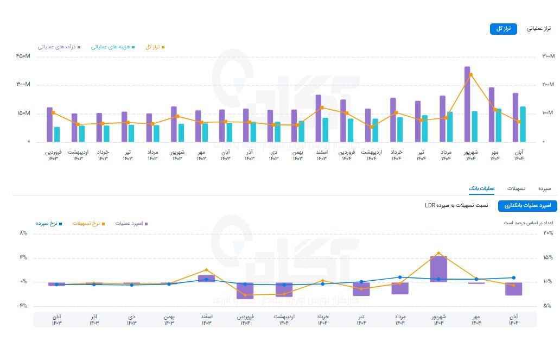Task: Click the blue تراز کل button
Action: pos(503,29)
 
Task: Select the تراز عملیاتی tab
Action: pos(539,29)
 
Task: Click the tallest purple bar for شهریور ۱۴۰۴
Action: pos(467,103)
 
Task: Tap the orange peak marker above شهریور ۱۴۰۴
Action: pos(470,75)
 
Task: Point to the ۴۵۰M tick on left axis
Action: pos(23,56)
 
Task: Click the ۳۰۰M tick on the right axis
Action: pos(548,56)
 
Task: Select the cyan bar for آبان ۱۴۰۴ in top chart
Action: pos(523,124)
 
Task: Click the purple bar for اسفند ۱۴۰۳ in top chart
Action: pos(319,118)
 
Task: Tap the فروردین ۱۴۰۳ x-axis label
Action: pos(53,155)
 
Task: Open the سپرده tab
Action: pos(544,188)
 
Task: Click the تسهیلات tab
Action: pos(516,188)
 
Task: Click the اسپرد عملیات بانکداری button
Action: pos(528,206)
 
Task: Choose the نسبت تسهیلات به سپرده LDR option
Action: pos(456,206)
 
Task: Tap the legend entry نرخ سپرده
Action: pos(49,223)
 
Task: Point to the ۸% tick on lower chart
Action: pos(23,233)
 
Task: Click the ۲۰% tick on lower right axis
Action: pos(548,233)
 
